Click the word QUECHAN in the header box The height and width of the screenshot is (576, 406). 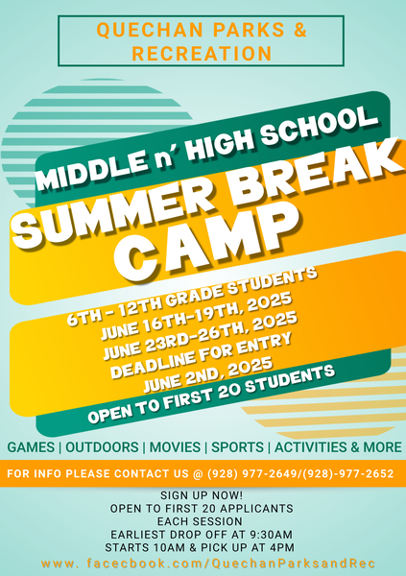click(x=150, y=30)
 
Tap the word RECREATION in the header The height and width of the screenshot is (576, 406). click(x=202, y=54)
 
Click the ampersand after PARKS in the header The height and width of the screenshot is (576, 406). click(x=300, y=30)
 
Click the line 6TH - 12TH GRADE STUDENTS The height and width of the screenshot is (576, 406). click(x=192, y=297)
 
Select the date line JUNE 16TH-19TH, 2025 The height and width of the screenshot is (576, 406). click(x=196, y=316)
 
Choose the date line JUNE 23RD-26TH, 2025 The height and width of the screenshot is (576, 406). click(x=200, y=336)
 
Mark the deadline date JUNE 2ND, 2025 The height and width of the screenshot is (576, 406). click(x=208, y=374)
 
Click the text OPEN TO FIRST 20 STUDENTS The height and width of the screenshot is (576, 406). click(x=211, y=394)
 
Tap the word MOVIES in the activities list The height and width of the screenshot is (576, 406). click(x=175, y=447)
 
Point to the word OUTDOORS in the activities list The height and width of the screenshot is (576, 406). click(x=102, y=447)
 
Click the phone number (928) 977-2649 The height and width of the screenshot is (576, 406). click(x=251, y=473)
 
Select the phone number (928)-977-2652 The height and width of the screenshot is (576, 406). click(x=347, y=473)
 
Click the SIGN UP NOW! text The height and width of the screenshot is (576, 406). click(x=202, y=495)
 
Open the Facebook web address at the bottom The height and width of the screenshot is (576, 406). click(x=208, y=564)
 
